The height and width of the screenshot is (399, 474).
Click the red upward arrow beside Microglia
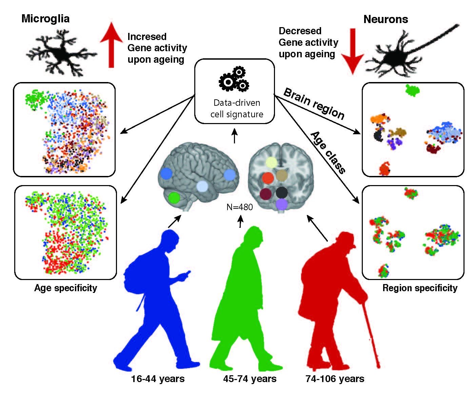point(111,46)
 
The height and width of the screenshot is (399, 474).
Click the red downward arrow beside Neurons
point(353,51)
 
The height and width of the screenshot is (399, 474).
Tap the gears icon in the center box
point(234,80)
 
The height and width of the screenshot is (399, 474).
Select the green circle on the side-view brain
point(174,198)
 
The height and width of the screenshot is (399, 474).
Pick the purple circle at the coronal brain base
point(281,204)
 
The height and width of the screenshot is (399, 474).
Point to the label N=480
point(239,206)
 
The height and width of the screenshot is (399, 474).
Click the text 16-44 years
point(158,378)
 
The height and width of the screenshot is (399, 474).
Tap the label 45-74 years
point(250,378)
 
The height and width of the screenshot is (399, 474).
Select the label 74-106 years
point(335,378)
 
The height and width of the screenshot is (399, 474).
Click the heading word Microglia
point(45,19)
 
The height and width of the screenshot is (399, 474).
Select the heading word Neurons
point(386,19)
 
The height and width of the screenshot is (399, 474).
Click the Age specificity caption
point(65,288)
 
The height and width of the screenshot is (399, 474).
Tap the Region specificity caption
point(420,288)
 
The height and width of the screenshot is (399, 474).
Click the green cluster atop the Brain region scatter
point(412,90)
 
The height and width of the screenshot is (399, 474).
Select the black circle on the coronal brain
point(281,192)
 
